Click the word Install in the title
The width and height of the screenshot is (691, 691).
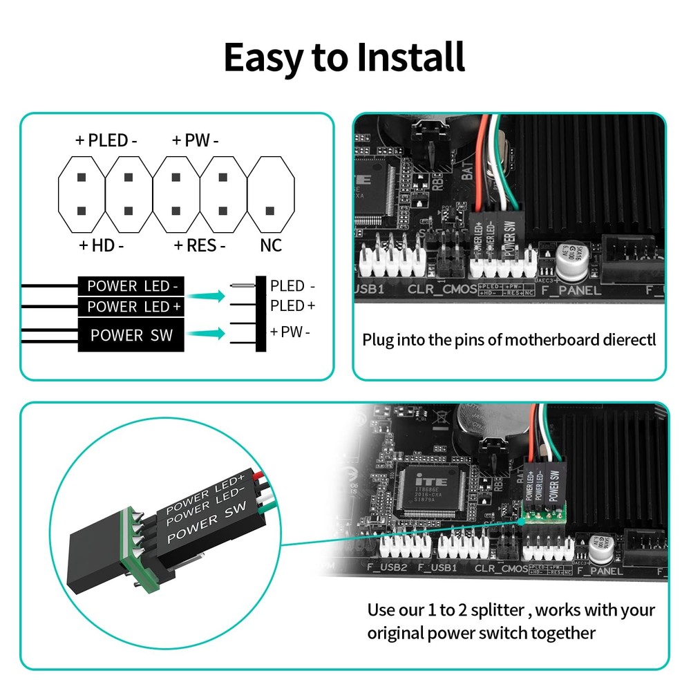coord(410,57)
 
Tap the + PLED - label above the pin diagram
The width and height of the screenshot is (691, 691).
coord(106,141)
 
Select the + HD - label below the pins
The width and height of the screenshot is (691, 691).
coord(101,245)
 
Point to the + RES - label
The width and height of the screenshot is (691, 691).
coord(200,245)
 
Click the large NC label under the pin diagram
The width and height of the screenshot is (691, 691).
coord(271,245)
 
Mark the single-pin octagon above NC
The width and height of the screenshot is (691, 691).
coord(270,195)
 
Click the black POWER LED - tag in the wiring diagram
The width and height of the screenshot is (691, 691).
coord(131,285)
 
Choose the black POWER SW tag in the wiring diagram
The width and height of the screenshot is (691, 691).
coord(131,335)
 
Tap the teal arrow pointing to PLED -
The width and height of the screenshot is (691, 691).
coord(208,296)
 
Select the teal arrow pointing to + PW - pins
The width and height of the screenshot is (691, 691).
coord(208,334)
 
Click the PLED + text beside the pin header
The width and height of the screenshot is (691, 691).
coord(292,305)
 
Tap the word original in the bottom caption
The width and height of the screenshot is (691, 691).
coord(395,632)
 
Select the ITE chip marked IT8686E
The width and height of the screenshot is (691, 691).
coord(429,489)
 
